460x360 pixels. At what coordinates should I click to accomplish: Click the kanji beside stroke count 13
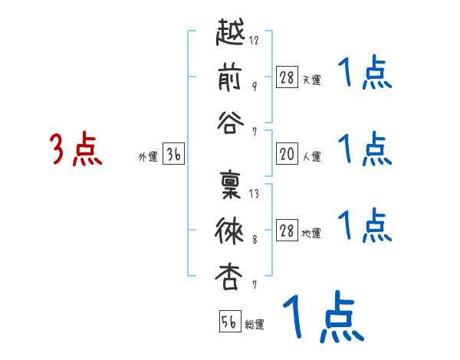coord(231,188)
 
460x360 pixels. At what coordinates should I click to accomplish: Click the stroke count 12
coord(255,41)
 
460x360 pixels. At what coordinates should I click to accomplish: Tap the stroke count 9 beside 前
coord(255,85)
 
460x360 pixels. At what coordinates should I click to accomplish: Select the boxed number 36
coord(173,155)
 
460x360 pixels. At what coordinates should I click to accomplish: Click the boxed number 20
coord(287,155)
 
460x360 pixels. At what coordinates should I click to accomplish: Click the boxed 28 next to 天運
coord(287,77)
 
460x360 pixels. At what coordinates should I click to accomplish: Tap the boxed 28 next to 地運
coord(287,231)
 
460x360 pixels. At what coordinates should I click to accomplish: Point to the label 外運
coord(147,156)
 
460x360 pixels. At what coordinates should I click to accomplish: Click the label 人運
coord(312,156)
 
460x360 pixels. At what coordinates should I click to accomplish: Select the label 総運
coord(255,324)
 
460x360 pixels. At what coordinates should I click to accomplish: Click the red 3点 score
coord(76,149)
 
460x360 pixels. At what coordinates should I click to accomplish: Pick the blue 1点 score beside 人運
coord(364,149)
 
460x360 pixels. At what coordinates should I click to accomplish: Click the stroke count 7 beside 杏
coord(255,284)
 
